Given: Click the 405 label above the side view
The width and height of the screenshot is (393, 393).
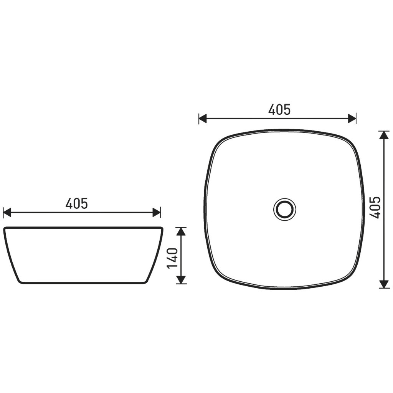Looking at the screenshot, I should pos(77,203).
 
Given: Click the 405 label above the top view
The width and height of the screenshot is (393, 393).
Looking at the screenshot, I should pos(279,110).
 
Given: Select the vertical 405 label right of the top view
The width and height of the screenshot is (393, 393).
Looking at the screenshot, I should pos(375,208).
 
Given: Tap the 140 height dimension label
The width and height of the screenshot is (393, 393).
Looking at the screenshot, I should pos(173,258).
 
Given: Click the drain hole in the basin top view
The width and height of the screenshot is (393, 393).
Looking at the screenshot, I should pos(285,209).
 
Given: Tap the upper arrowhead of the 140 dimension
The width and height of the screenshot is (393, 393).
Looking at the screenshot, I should pos(181,231).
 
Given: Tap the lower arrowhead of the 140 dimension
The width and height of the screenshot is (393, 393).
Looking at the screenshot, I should pos(181,280).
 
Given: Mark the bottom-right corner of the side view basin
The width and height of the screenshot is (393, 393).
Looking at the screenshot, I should pos(146,282).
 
